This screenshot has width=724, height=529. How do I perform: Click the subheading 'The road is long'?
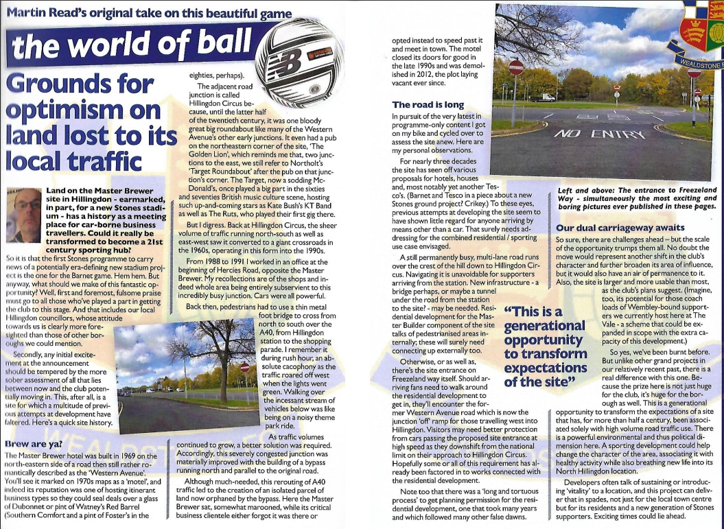point(428,105)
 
